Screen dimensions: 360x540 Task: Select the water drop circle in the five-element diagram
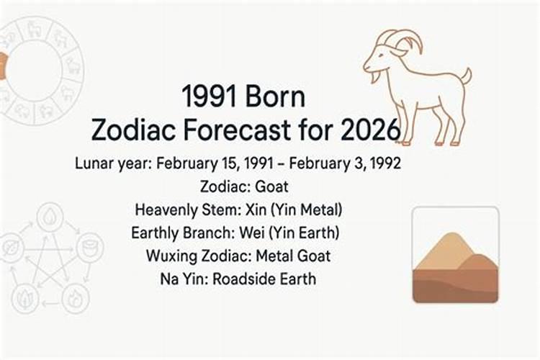coord(50,217)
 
